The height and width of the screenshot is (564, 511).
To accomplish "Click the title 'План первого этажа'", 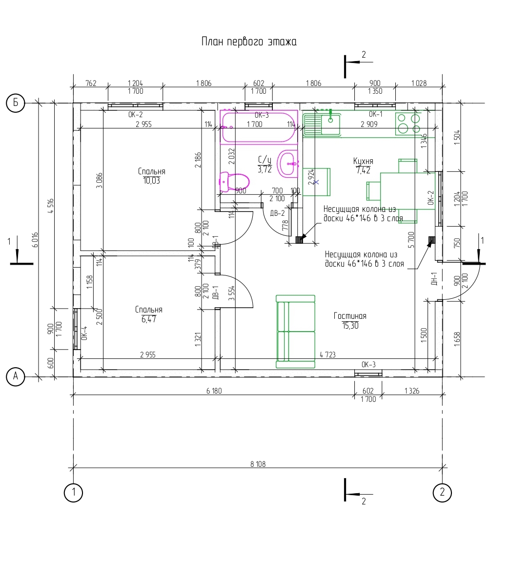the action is tap(249, 42).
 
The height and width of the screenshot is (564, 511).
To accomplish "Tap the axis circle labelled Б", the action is tap(16, 103).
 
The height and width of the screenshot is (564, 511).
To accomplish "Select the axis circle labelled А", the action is tap(16, 376).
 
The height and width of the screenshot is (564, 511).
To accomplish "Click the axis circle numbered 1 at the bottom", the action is tap(73, 492).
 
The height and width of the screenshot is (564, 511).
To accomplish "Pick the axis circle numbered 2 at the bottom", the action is tap(442, 492).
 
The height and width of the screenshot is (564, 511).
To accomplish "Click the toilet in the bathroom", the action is tap(234, 181).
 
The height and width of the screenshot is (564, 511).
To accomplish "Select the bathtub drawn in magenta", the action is tap(259, 127).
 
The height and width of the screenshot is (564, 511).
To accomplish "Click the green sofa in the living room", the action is tap(296, 332).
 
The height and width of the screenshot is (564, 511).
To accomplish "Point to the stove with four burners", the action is tap(408, 124).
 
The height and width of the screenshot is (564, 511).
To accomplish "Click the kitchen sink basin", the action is tap(330, 124).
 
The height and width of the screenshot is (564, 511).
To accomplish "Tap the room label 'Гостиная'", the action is tap(350, 316).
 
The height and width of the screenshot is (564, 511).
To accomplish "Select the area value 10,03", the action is tap(151, 181).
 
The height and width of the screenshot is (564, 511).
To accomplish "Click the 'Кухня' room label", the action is tap(363, 161).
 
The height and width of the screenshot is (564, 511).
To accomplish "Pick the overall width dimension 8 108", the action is tap(258, 464).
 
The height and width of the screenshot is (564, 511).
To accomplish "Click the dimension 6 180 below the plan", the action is tap(214, 391).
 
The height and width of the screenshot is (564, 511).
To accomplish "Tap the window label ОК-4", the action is tap(84, 333).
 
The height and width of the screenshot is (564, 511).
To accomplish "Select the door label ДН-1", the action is tap(434, 279).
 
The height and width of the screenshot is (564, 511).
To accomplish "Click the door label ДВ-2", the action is tap(277, 213).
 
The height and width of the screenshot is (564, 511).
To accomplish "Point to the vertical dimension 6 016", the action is tap(35, 240).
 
